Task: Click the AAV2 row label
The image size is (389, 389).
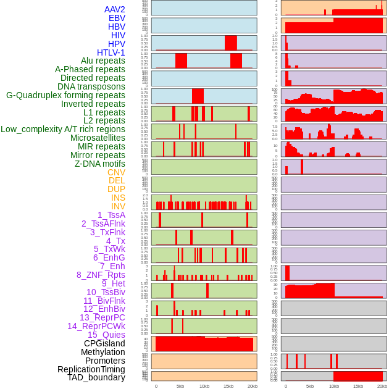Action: [x=114, y=9]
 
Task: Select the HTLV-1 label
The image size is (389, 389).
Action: [x=111, y=52]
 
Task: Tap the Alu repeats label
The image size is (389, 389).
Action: [x=102, y=61]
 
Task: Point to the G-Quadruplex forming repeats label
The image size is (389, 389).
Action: [x=65, y=95]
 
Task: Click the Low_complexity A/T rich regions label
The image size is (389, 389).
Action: [x=63, y=129]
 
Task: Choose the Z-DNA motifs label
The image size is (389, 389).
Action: [x=99, y=164]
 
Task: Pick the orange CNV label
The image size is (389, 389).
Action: [x=116, y=172]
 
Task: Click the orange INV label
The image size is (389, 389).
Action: [x=118, y=206]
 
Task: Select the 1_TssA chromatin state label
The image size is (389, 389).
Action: [x=111, y=215]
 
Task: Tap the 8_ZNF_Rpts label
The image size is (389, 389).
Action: [x=101, y=275]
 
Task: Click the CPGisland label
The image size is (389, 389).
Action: [x=104, y=343]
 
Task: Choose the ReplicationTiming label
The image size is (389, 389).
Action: [x=91, y=369]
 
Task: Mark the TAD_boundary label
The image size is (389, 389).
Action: [x=96, y=377]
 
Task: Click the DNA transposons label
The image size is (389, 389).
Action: [x=91, y=86]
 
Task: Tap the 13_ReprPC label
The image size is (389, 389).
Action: [x=102, y=317]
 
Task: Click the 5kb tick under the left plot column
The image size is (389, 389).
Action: [x=180, y=386]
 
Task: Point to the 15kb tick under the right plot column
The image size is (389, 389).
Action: [x=358, y=386]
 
